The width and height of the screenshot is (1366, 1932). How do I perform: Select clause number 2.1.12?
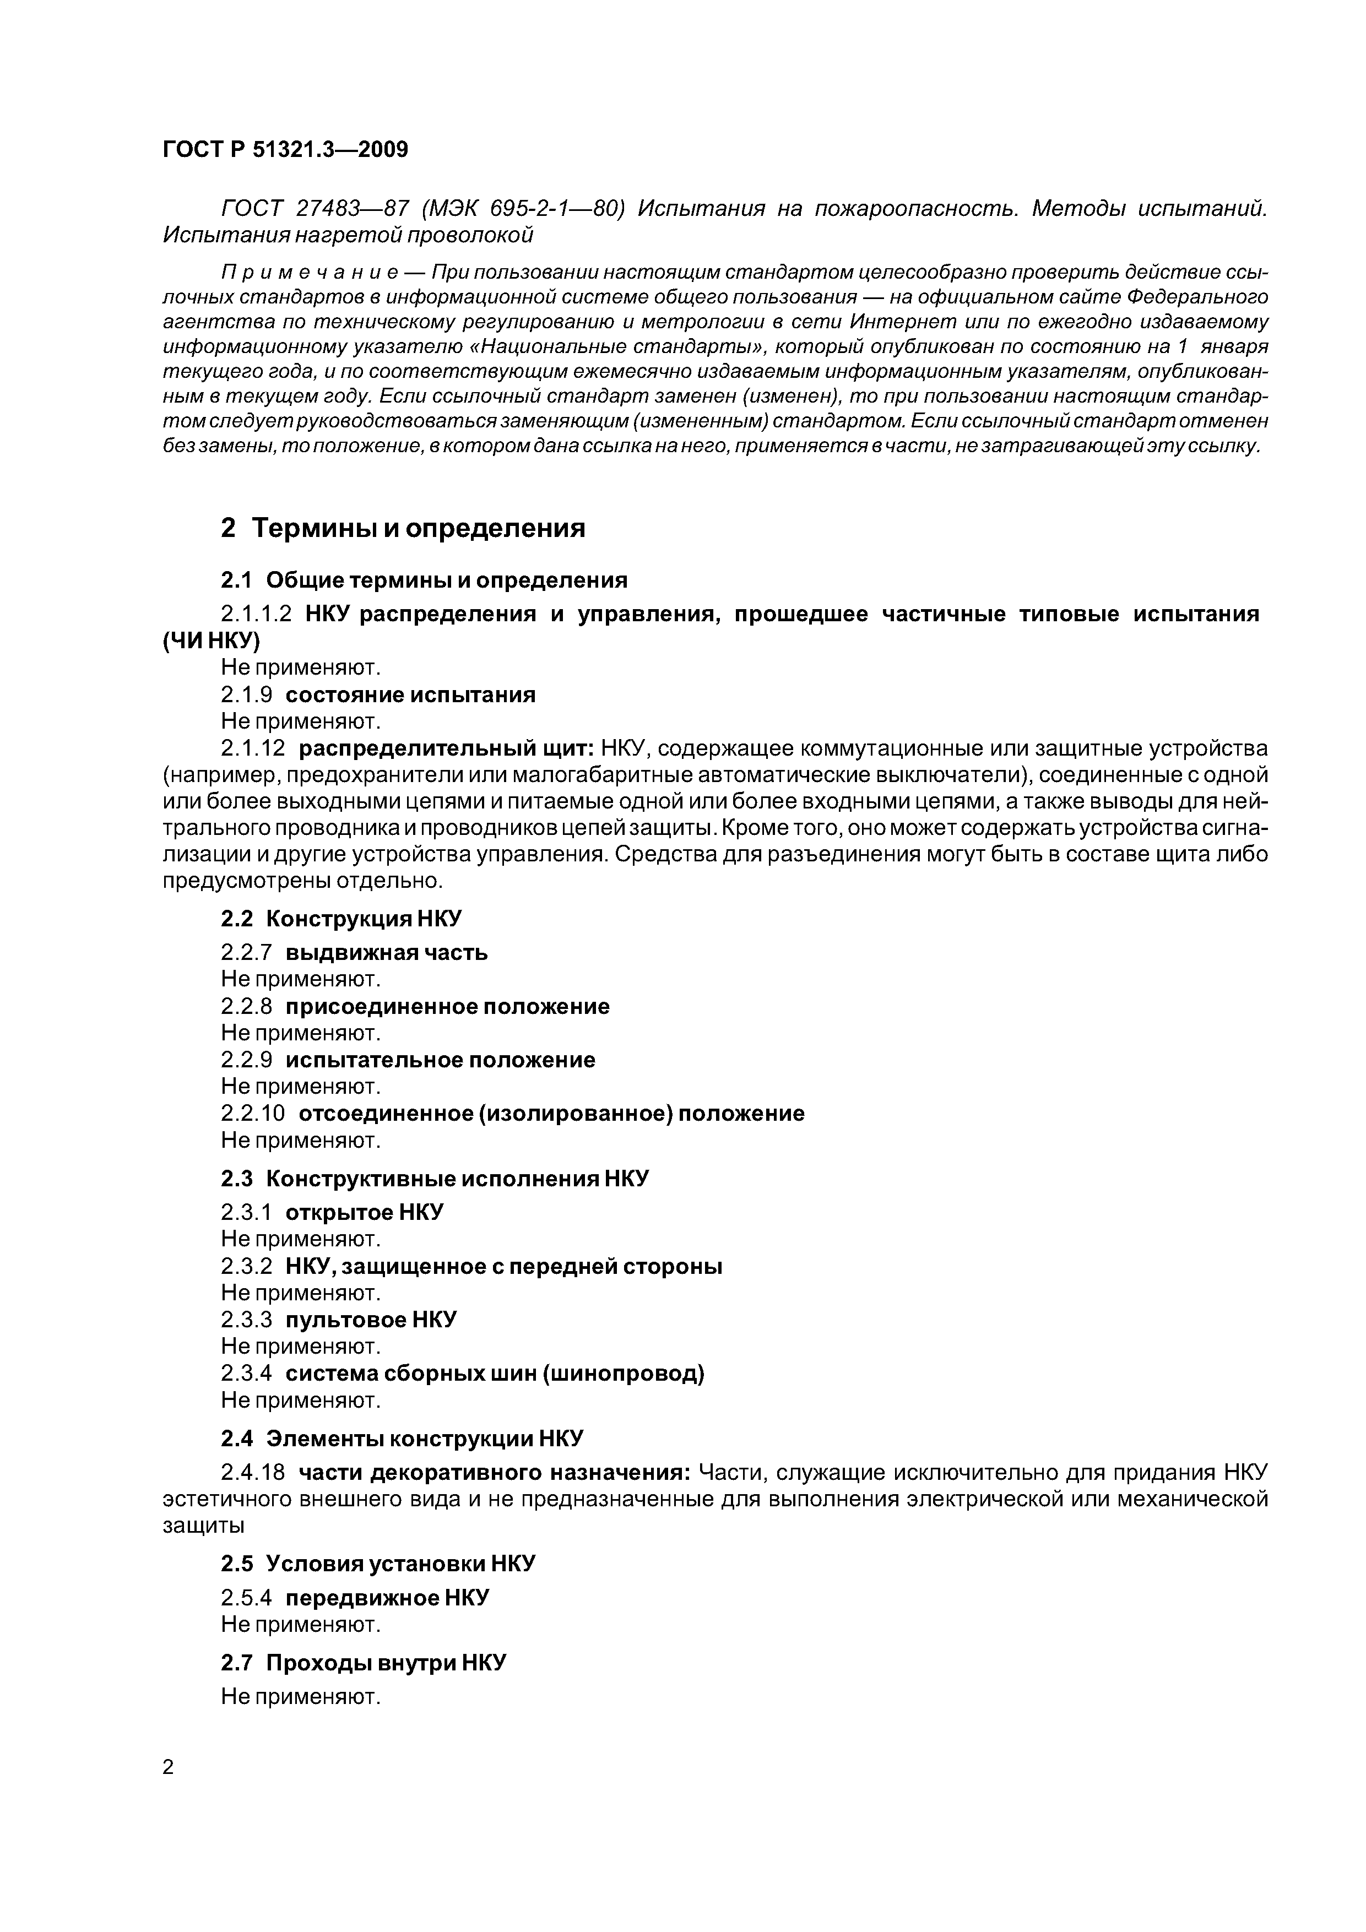(252, 748)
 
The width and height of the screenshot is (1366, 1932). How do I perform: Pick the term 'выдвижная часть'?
(386, 953)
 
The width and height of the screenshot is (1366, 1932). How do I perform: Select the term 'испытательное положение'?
(440, 1060)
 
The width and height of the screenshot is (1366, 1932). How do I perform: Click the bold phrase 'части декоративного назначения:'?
(495, 1473)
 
